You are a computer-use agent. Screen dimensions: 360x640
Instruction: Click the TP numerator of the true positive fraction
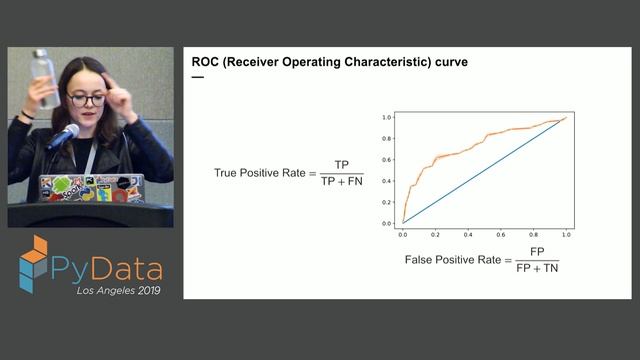342,164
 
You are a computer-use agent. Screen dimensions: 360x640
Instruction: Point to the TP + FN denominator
342,182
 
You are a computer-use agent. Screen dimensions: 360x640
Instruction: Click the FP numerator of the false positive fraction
537,251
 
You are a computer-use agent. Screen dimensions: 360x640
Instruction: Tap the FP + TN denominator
537,269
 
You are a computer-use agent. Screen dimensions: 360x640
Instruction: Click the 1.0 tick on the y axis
387,117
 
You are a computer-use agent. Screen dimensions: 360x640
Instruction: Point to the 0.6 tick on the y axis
387,160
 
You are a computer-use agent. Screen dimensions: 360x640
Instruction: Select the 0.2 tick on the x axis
435,232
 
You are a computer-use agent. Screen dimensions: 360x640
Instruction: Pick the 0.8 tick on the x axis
533,232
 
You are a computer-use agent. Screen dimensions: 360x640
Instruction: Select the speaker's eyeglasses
86,99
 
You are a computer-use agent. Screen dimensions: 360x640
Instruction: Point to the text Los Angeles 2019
117,291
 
